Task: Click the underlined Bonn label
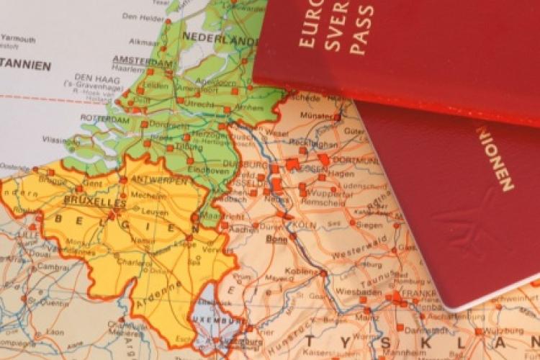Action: click(277, 238)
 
